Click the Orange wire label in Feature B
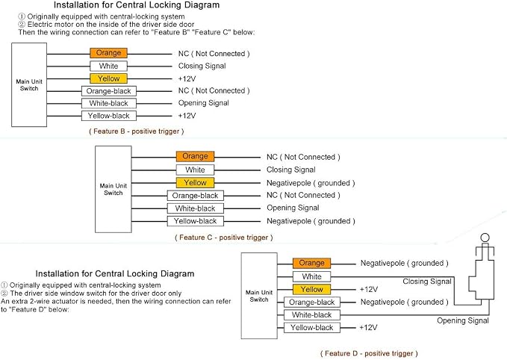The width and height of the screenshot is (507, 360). coord(108,53)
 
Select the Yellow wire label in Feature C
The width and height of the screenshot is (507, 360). coord(195,182)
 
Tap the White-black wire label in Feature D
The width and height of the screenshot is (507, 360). coord(311,314)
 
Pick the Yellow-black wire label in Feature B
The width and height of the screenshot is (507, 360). coord(109,116)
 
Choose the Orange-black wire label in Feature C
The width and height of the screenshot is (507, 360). coord(196,196)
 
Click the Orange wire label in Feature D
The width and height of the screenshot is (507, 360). coord(311,263)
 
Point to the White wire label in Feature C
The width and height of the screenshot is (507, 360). coord(195,170)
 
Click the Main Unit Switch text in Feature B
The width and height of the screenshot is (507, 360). coord(29,84)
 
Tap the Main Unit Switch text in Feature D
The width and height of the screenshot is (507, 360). coord(259,296)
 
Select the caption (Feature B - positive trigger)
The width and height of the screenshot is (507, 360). coord(136,131)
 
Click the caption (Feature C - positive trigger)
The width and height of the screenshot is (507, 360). coord(224,238)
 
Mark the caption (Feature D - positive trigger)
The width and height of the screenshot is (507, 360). coord(369,353)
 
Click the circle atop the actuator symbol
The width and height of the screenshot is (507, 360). coord(485,238)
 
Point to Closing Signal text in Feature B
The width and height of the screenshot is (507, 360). coord(202,66)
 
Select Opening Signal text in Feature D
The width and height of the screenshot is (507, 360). coord(463,320)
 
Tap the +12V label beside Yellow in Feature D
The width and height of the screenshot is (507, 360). coord(369,289)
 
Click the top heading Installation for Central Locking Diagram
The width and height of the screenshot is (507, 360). coord(137,5)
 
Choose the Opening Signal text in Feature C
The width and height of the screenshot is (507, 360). coord(293,208)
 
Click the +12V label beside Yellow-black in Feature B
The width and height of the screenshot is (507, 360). coord(187,116)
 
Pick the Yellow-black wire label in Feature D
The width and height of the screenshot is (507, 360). coord(311,327)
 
